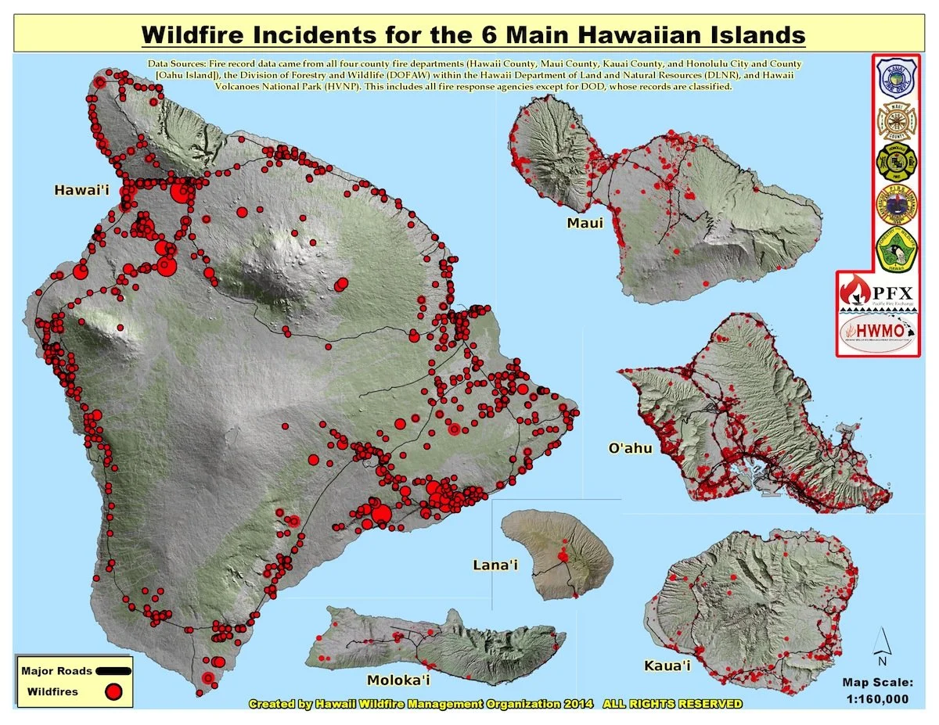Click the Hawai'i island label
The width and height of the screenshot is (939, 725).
[x=81, y=190]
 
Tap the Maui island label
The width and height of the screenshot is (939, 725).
[x=585, y=224]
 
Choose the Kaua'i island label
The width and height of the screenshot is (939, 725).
[x=667, y=666]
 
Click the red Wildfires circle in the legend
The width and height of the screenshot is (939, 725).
[x=115, y=691]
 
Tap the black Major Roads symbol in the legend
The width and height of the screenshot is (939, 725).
[x=114, y=670]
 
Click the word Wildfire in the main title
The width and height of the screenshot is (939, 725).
[x=196, y=35]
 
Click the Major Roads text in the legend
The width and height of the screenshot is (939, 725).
[x=57, y=671]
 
